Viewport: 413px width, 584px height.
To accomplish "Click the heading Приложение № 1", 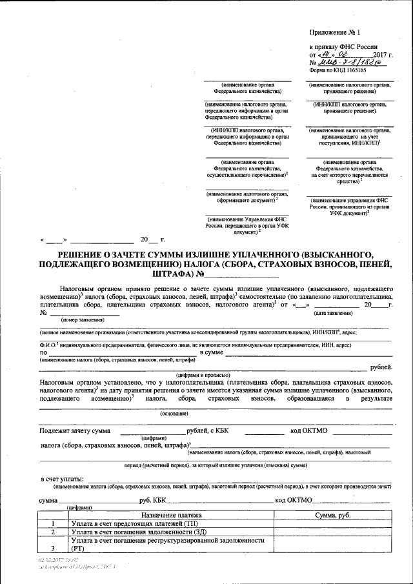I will [336, 32].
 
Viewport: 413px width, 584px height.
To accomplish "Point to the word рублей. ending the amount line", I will [379, 367].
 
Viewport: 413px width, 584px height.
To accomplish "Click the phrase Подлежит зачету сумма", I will [74, 430].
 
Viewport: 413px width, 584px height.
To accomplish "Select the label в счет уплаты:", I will [62, 479].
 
